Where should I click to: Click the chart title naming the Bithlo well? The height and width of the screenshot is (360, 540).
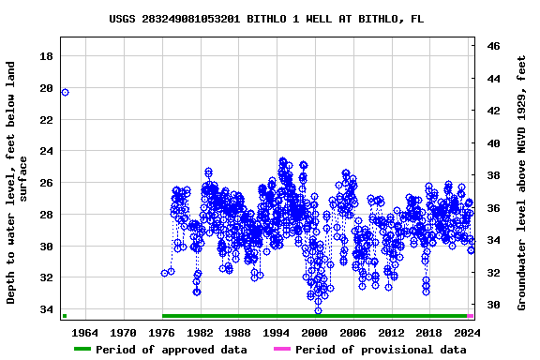(265, 18)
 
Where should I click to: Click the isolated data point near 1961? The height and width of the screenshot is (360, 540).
(65, 92)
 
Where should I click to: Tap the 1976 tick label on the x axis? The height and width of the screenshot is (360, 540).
(162, 332)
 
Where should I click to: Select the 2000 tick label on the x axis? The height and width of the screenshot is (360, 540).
(315, 332)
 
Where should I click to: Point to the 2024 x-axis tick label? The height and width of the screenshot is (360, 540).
(467, 332)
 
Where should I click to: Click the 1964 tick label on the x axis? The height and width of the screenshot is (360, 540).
(85, 332)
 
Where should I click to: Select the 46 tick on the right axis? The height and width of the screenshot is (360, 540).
(493, 46)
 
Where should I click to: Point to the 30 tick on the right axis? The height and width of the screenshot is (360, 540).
(493, 305)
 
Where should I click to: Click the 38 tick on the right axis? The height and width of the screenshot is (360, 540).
(493, 175)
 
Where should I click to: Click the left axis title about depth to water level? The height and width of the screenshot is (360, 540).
(18, 183)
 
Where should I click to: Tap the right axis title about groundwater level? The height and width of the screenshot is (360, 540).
(522, 183)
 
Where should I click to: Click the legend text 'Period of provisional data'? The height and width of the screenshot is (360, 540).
(381, 350)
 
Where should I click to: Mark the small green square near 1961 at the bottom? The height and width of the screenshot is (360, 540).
(65, 316)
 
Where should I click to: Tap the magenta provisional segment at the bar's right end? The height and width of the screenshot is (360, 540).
(471, 316)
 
